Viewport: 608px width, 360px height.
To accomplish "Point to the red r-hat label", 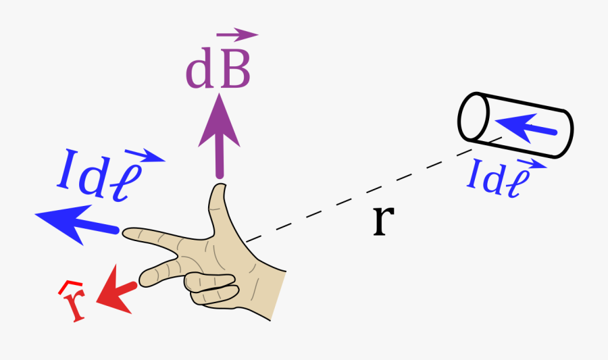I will (74, 304).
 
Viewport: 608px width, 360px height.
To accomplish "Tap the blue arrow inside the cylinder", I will (524, 126).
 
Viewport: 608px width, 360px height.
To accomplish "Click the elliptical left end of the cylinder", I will (474, 117).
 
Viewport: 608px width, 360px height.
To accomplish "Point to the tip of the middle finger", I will (143, 276).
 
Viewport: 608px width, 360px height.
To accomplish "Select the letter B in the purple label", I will (234, 71).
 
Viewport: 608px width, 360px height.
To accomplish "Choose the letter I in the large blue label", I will (67, 170).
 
